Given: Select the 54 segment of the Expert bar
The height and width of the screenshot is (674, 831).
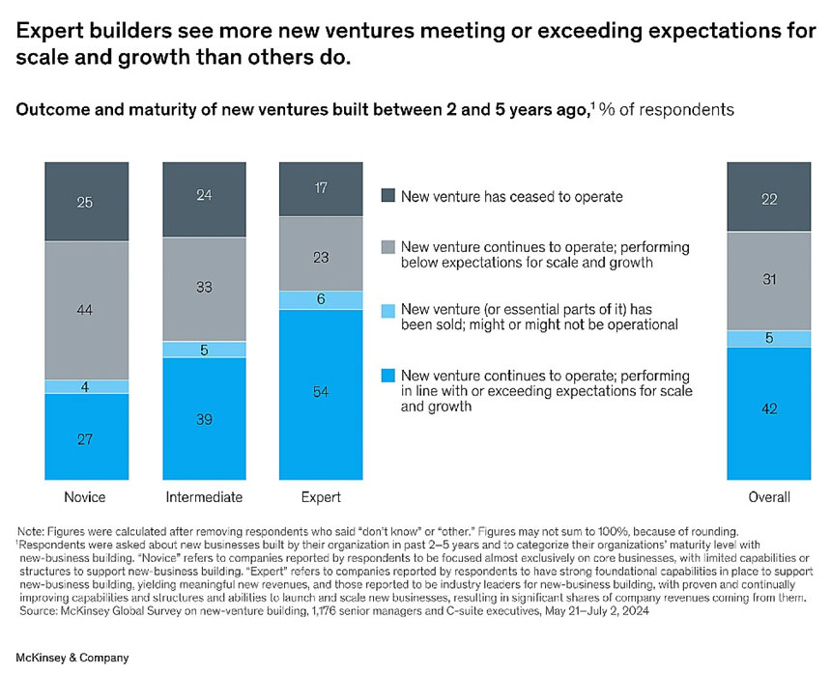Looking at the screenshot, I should pyautogui.click(x=320, y=394).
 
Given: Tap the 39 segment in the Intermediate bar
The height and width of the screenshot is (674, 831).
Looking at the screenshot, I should pyautogui.click(x=204, y=419).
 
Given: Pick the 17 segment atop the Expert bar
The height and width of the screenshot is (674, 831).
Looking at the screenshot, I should pyautogui.click(x=320, y=189).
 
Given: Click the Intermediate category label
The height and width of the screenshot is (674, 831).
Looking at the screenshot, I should pyautogui.click(x=204, y=497).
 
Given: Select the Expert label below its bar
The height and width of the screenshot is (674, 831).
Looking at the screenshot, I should pyautogui.click(x=320, y=497).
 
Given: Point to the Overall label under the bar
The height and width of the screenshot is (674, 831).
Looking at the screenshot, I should pyautogui.click(x=768, y=497).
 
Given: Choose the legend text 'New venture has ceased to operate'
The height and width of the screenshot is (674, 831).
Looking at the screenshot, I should pyautogui.click(x=512, y=197).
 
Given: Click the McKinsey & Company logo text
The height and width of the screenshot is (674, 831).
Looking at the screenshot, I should pyautogui.click(x=72, y=658).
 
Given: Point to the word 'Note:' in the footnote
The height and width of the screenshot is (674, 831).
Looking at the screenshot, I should pyautogui.click(x=31, y=530).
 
